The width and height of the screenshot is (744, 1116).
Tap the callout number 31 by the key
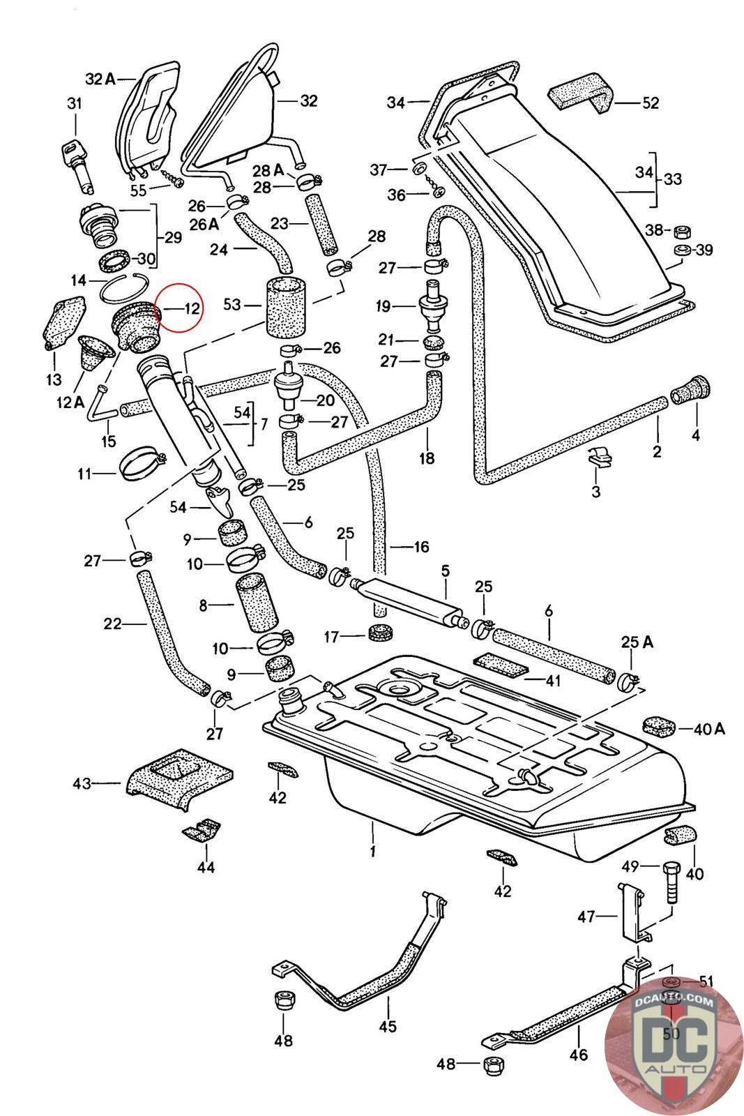point(74,104)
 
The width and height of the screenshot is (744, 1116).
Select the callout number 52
point(650,103)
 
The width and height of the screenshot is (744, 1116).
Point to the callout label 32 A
point(100,79)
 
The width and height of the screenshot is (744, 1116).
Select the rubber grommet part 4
point(690,391)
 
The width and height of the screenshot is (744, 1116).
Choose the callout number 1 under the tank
point(373,851)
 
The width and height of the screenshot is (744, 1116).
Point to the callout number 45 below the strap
point(388,1026)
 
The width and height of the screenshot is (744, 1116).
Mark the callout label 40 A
point(709,730)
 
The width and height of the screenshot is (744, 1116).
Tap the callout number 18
point(427,458)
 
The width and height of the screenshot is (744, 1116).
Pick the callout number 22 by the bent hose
point(114,624)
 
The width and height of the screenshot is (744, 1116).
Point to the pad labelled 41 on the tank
point(498,665)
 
